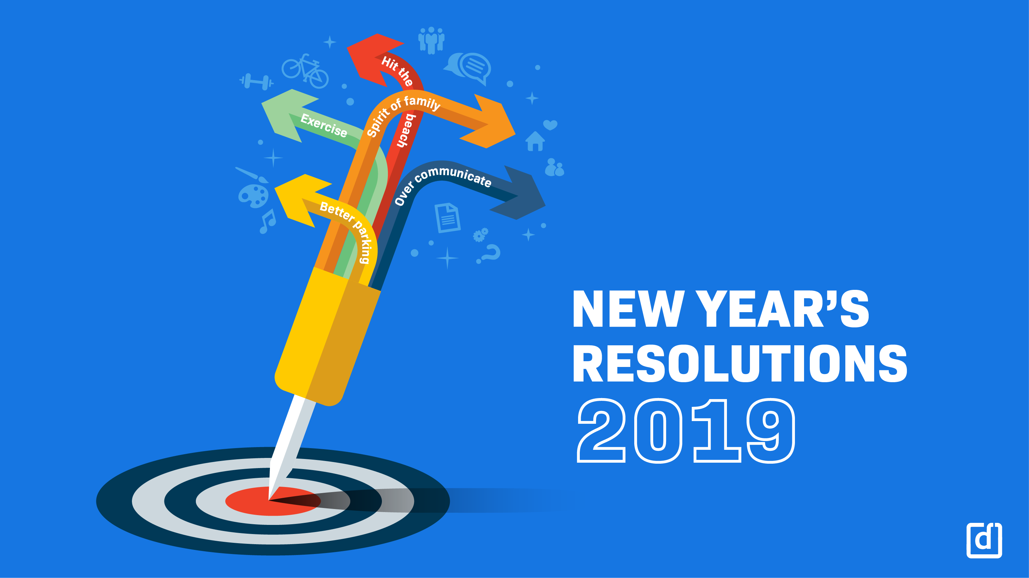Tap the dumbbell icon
click(x=256, y=82)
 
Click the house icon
click(x=535, y=141)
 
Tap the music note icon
click(x=268, y=221)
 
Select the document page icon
click(x=448, y=218)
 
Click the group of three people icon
click(x=431, y=40)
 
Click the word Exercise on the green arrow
click(x=324, y=125)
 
